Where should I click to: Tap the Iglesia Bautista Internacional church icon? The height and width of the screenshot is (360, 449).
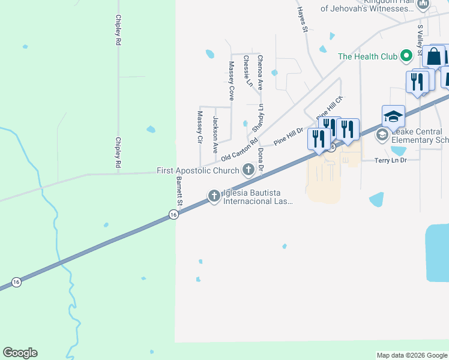click(x=214, y=195)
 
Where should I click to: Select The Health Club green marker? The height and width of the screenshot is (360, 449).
click(x=406, y=56)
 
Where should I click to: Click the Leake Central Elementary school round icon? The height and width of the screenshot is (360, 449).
click(x=382, y=136)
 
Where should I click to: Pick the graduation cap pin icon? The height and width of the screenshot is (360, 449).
click(x=393, y=116)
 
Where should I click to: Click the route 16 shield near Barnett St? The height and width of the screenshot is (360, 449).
click(x=173, y=215)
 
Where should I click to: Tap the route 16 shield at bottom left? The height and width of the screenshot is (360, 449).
click(x=17, y=282)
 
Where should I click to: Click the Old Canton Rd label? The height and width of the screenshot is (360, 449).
click(x=239, y=150)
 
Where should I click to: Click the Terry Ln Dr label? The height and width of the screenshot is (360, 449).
click(x=391, y=161)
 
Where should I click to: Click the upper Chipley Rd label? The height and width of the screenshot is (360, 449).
click(x=118, y=31)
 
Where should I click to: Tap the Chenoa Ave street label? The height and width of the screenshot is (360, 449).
click(x=260, y=72)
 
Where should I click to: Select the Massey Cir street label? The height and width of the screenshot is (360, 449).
click(x=200, y=127)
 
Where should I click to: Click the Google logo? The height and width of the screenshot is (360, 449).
click(x=20, y=353)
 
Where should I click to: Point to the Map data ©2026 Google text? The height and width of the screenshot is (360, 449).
click(x=411, y=355)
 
